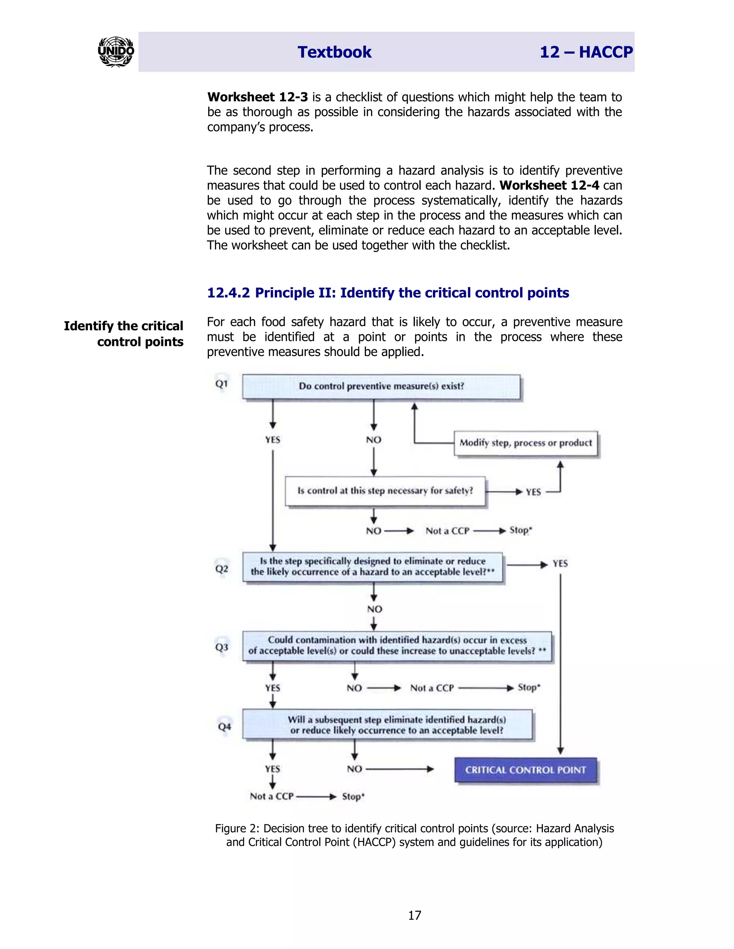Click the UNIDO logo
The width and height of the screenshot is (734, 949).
click(x=116, y=52)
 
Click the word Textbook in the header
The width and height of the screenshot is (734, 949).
click(x=334, y=52)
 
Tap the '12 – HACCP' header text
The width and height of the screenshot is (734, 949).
click(x=586, y=52)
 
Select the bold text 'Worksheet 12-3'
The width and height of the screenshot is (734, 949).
click(x=257, y=97)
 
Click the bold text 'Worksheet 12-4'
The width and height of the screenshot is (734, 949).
click(x=549, y=186)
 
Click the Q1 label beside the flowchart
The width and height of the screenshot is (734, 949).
click(x=222, y=384)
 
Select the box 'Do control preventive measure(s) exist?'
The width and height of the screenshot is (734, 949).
click(x=381, y=386)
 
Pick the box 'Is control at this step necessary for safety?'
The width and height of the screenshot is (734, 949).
click(x=385, y=491)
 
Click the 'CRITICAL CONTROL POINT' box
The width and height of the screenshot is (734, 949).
click(x=525, y=770)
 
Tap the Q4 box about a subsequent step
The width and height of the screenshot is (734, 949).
click(x=387, y=725)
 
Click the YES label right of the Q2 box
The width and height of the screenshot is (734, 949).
click(x=560, y=564)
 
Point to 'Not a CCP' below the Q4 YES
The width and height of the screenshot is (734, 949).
click(x=272, y=796)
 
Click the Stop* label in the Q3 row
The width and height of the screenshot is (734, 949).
click(x=529, y=688)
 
